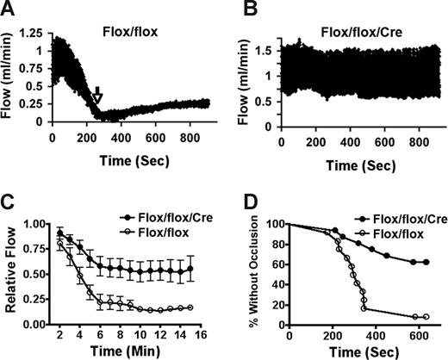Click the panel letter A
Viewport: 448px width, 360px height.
click(9, 10)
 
